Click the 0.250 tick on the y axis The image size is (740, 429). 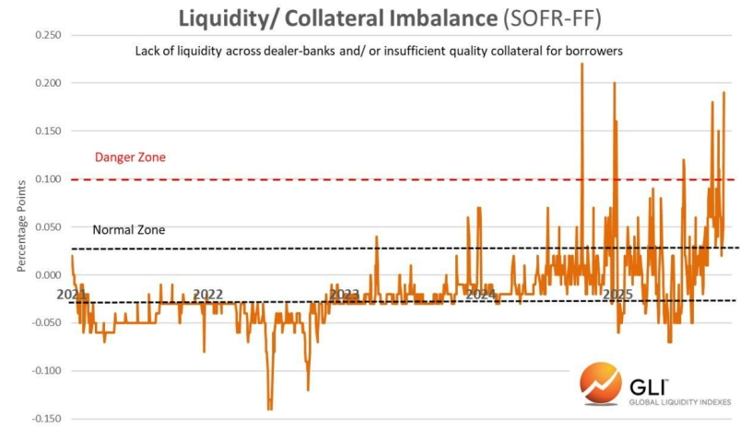tap(48, 35)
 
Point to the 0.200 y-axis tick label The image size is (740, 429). tap(48, 83)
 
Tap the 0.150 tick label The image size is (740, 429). tap(48, 131)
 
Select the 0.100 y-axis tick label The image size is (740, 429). tap(48, 179)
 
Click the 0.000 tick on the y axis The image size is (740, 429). tap(48, 274)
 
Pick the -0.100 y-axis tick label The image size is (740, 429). tap(46, 370)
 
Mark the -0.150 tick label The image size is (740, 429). tap(46, 418)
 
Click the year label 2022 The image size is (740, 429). tap(208, 295)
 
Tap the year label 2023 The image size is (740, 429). tap(345, 295)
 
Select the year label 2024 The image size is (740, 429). tap(480, 295)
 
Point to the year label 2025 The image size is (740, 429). tap(616, 295)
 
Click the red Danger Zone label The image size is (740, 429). tap(130, 157)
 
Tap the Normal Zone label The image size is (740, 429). tap(129, 229)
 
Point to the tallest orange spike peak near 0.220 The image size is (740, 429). tap(581, 65)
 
